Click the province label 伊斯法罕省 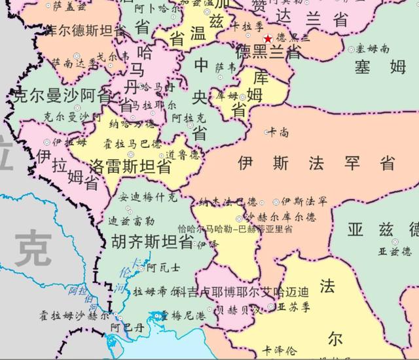(317, 162)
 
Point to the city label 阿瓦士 (162, 267)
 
